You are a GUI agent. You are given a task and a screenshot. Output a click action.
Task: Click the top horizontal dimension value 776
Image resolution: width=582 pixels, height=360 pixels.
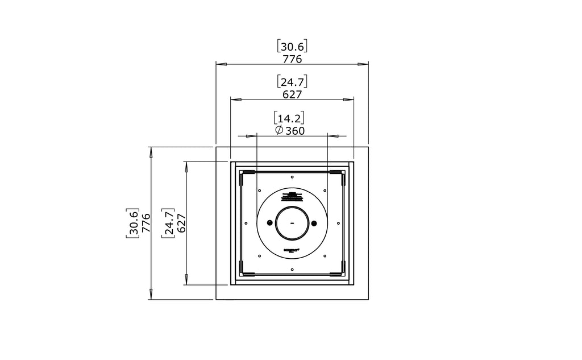tap(292, 59)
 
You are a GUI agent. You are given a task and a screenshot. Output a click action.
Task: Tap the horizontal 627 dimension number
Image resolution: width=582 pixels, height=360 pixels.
tap(292, 94)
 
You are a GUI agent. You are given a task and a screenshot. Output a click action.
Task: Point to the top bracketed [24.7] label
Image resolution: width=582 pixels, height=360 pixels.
tap(292, 82)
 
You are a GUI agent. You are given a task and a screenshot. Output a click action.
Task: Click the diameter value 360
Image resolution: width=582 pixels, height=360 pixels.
tap(295, 131)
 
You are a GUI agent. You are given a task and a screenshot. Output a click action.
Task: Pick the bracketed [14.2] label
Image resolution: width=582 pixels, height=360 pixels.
tap(289, 118)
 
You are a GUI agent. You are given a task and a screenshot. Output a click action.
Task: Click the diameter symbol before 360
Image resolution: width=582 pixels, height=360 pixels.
tap(278, 131)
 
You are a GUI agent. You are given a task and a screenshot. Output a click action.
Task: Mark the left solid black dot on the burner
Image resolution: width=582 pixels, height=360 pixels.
tap(272, 222)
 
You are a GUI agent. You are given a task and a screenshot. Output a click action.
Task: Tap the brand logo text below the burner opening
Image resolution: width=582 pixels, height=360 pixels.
tap(292, 251)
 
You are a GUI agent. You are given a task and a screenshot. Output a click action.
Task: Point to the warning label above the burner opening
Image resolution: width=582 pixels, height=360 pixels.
tap(292, 197)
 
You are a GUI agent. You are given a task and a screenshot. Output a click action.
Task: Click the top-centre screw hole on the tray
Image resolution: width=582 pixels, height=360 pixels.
tap(292, 177)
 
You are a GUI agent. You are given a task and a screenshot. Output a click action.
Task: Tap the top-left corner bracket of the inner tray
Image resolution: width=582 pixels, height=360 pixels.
tap(240, 176)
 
